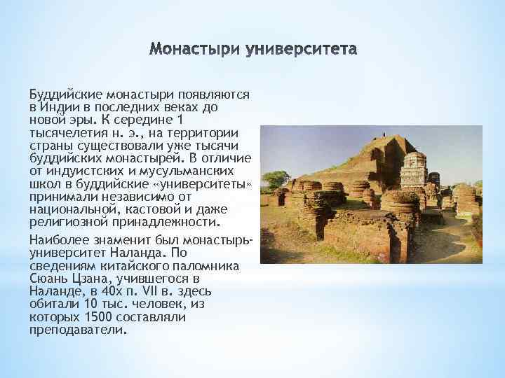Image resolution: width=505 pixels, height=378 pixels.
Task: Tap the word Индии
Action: pyautogui.click(x=60, y=108)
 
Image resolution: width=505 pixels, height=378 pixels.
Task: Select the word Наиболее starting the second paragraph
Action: pyautogui.click(x=58, y=240)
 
